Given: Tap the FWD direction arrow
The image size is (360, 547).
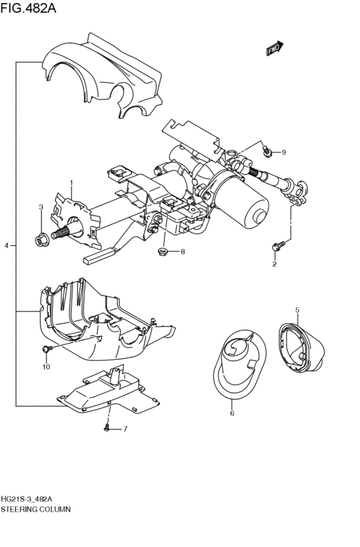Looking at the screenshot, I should [274, 48].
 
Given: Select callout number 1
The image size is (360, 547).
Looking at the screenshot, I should [71, 183].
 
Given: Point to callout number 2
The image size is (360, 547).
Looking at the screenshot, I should [274, 264].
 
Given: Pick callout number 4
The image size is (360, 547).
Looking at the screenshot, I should [6, 246].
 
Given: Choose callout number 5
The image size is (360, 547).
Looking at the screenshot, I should [297, 310].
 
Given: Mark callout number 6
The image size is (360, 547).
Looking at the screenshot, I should [232, 413].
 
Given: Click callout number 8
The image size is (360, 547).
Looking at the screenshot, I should [182, 251].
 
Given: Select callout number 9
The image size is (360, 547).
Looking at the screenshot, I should [283, 152].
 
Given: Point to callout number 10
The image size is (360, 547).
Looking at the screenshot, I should [46, 367].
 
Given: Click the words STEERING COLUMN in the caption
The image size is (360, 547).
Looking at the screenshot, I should [35, 508].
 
